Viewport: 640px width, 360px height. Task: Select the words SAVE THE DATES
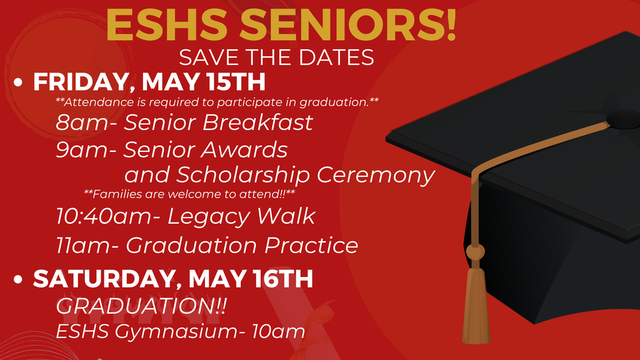click(x=276, y=57)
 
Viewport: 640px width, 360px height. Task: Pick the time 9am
click(x=82, y=150)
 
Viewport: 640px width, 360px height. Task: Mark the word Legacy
click(x=209, y=217)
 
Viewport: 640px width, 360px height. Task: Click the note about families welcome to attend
click(x=189, y=194)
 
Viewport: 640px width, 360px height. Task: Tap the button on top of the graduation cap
click(x=624, y=117)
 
